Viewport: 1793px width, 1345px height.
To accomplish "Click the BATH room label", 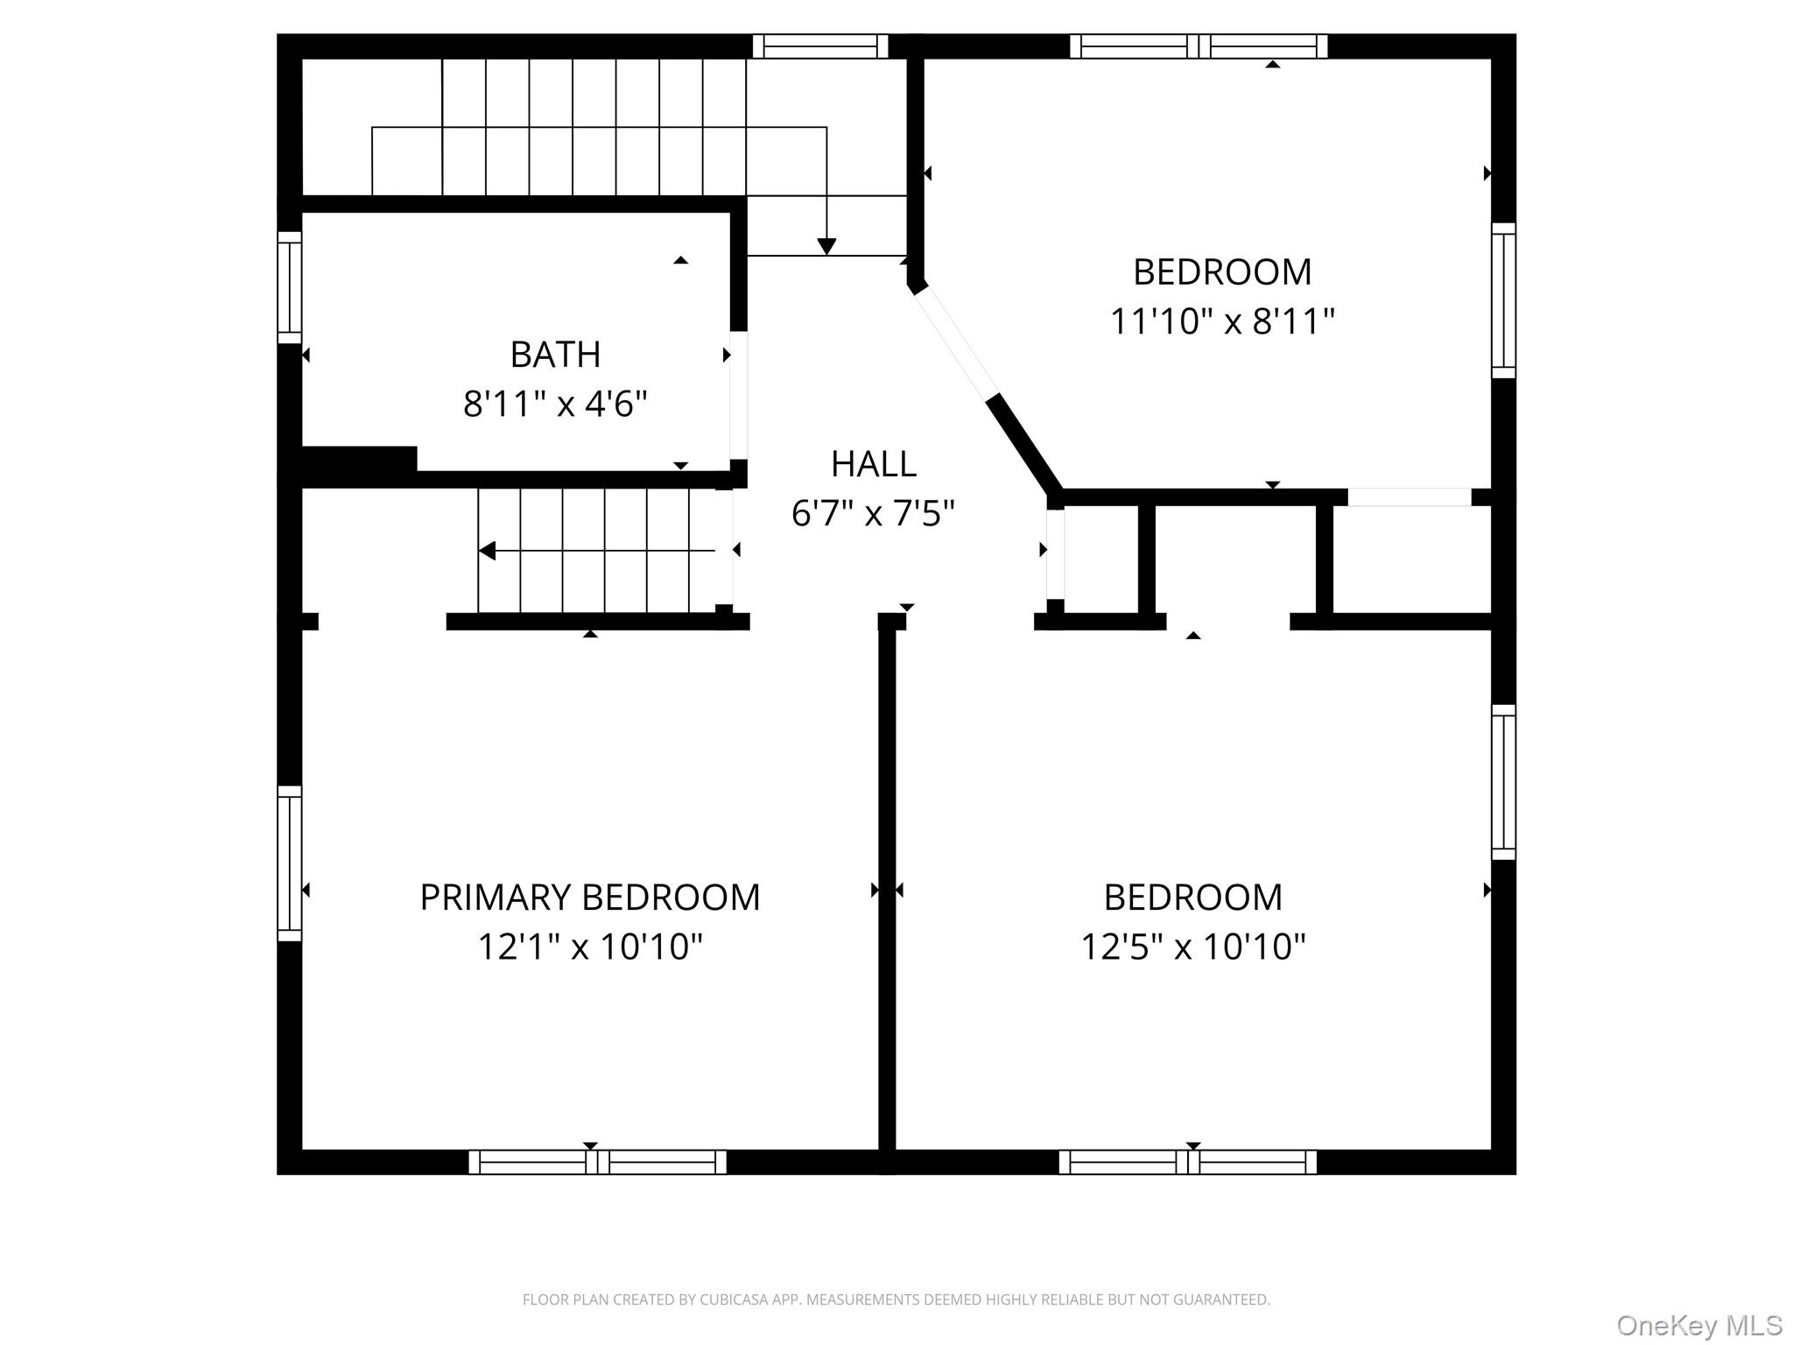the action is click(x=555, y=355).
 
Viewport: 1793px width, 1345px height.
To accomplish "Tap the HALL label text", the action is click(x=873, y=464).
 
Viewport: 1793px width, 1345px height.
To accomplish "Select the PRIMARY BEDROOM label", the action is click(x=590, y=898).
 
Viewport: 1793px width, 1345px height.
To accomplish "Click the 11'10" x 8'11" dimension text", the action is click(x=1222, y=321).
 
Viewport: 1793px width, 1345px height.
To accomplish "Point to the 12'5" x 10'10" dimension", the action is click(x=1193, y=947).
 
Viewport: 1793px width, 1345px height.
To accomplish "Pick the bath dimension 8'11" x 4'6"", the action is click(x=555, y=405).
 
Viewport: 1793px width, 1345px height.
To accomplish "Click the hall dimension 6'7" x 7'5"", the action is click(x=873, y=513).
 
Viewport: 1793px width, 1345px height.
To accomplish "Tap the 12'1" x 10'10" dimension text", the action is click(x=590, y=947).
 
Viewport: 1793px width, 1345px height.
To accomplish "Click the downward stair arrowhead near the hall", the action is click(x=826, y=247).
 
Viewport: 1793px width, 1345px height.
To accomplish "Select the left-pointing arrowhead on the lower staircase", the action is click(x=488, y=551).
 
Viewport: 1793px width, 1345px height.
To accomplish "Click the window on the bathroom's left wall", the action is click(x=290, y=288).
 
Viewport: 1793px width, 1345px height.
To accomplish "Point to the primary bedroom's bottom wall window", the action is click(x=598, y=1162).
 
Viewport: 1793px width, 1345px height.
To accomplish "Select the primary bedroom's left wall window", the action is click(x=290, y=863).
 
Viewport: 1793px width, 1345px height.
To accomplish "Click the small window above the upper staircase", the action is click(x=820, y=46).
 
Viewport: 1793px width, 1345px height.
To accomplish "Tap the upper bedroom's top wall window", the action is click(x=1199, y=46).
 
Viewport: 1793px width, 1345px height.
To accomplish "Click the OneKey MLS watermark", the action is click(x=1699, y=1326).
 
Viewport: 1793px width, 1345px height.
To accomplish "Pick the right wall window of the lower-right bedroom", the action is click(x=1503, y=782).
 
